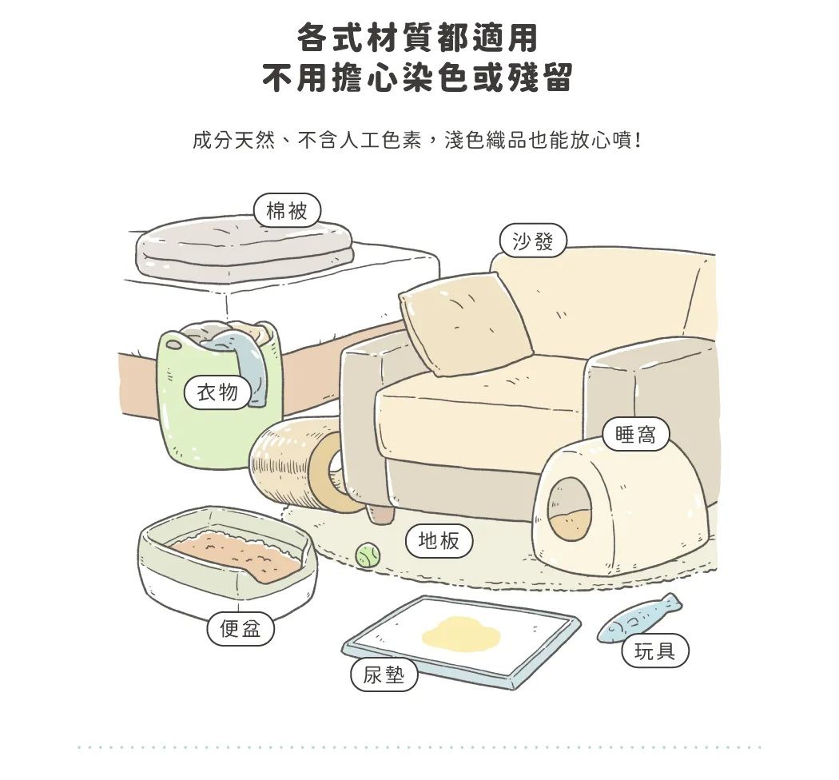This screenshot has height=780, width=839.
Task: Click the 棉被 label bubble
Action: tap(287, 210)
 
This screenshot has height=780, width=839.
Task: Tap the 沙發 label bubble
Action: tap(532, 241)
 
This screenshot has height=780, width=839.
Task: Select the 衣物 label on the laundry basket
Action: tap(218, 392)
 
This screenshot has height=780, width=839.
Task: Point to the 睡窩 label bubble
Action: tap(636, 434)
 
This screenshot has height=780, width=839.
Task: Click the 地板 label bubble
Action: tap(439, 541)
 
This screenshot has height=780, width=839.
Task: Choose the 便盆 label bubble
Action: tap(241, 628)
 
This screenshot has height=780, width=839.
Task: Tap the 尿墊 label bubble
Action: tap(384, 675)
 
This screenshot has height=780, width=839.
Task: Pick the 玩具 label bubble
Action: tap(655, 651)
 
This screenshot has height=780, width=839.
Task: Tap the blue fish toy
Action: tap(639, 618)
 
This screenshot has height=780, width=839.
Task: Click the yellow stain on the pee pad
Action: tap(461, 632)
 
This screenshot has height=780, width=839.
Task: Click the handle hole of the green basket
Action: tap(174, 346)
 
